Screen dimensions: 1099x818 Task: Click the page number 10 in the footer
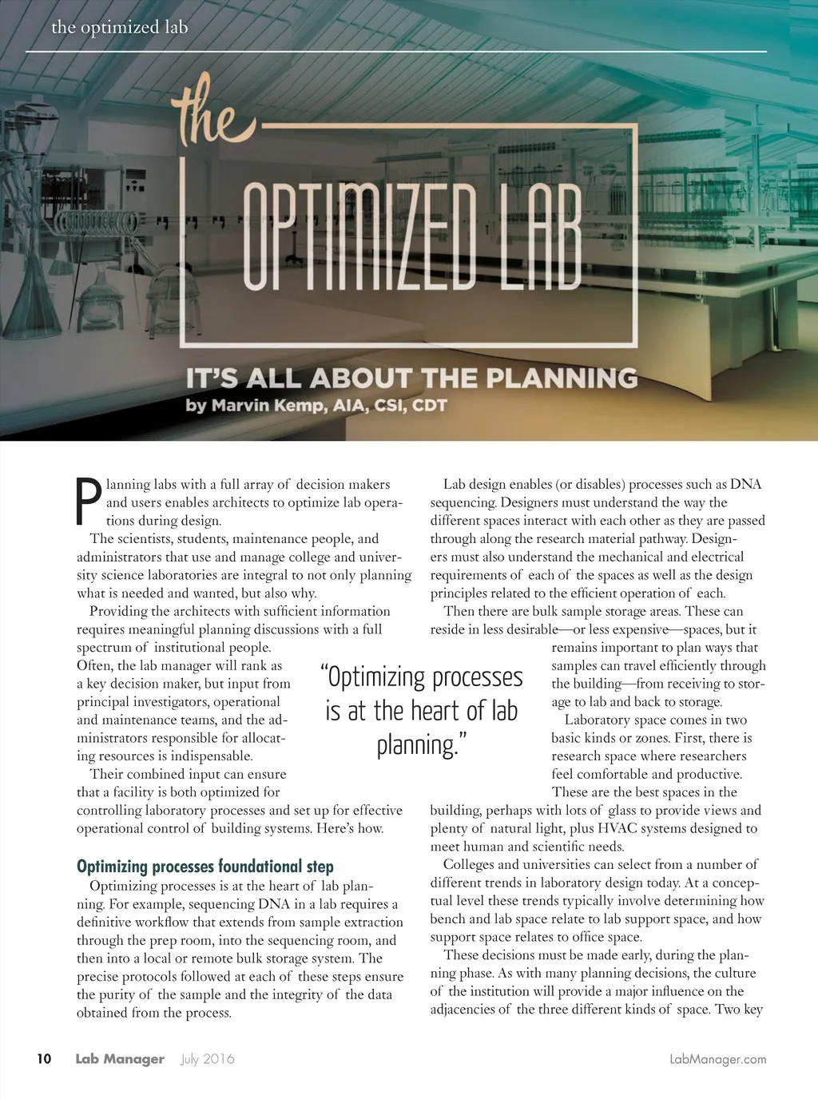click(x=44, y=1058)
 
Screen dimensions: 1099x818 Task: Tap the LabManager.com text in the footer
click(x=717, y=1059)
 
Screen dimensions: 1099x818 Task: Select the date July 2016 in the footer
click(x=208, y=1058)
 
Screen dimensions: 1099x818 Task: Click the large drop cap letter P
click(x=88, y=502)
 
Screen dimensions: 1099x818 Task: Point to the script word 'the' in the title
click(x=209, y=116)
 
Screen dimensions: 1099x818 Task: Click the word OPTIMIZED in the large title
click(x=359, y=236)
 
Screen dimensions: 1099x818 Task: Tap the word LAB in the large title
click(x=540, y=236)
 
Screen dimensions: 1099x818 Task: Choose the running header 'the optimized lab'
click(x=120, y=27)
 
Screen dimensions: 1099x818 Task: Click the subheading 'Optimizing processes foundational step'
click(x=204, y=867)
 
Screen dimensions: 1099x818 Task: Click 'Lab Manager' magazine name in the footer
click(x=120, y=1058)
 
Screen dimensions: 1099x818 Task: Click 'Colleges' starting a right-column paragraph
click(x=469, y=864)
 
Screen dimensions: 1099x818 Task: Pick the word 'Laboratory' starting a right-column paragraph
click(x=597, y=720)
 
